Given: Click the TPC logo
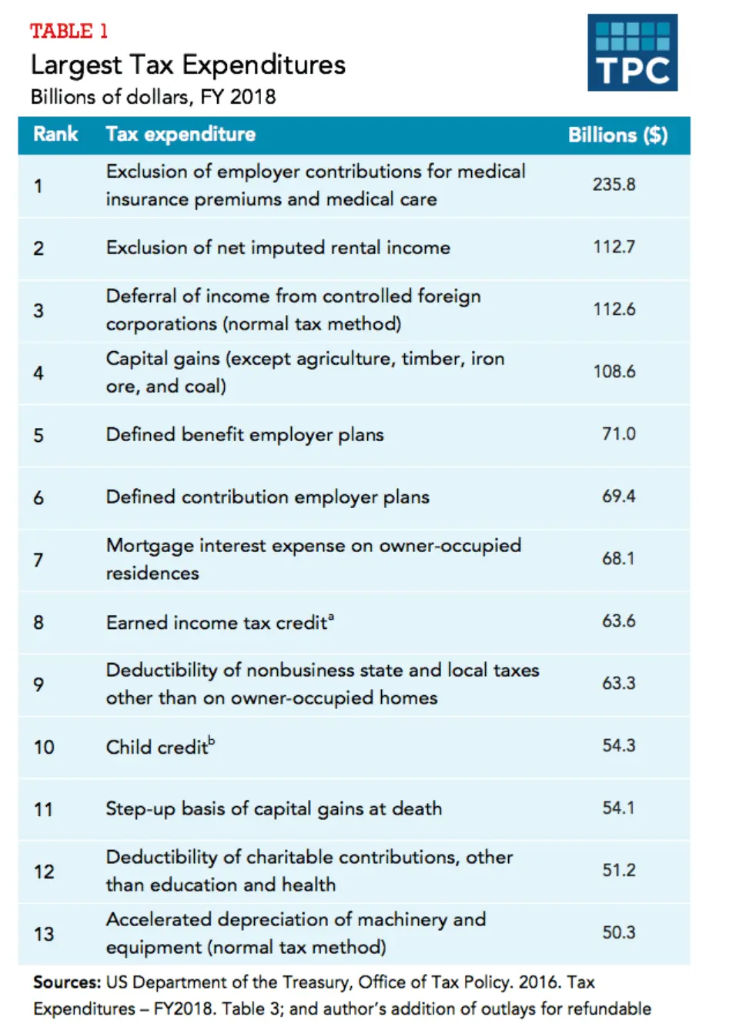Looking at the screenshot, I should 632,52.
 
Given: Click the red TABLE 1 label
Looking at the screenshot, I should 69,32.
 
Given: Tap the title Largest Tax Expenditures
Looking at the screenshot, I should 188,65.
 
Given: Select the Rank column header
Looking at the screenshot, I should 55,134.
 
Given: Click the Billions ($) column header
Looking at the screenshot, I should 617,135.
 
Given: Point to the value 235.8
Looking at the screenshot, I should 614,185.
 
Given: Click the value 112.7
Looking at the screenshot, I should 614,247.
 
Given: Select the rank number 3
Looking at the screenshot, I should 38,311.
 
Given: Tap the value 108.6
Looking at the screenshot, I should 614,372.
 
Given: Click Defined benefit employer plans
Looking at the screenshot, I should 245,435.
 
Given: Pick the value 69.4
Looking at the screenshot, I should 618,497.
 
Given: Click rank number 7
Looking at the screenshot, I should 38,560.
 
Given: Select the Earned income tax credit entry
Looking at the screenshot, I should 219,622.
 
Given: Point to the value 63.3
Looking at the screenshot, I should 618,684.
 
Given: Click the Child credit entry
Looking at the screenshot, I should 160,747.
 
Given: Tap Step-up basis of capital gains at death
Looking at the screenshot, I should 274,809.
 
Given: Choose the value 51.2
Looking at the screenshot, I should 618,871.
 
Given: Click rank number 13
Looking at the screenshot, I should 44,935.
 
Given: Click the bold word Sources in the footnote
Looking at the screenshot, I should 67,982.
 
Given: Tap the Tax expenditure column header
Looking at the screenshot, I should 181,135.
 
